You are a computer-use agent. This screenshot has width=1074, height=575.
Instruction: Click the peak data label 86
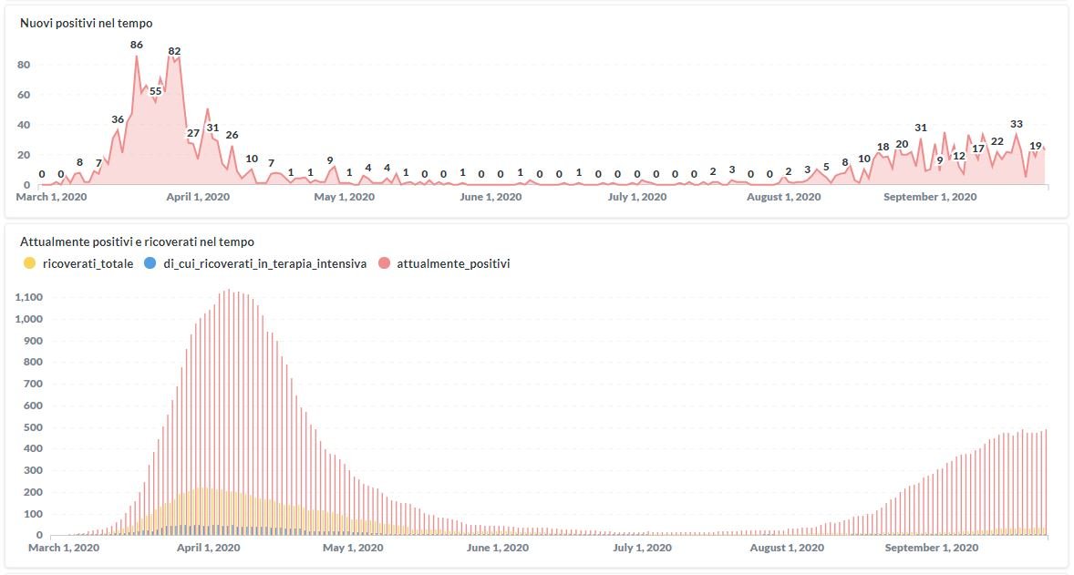click(137, 45)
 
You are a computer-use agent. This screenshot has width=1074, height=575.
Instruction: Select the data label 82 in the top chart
click(174, 51)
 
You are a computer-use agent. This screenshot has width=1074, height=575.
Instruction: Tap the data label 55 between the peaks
click(156, 91)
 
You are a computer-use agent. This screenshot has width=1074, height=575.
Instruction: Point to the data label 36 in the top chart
click(118, 119)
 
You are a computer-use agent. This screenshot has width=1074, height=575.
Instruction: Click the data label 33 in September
click(1017, 124)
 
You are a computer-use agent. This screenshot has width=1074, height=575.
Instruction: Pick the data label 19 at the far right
click(1036, 146)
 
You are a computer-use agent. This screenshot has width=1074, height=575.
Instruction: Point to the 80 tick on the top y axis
click(25, 65)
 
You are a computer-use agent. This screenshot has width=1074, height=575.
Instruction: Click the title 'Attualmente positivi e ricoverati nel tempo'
click(137, 242)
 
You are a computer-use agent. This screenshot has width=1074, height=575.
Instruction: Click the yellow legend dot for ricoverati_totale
click(29, 263)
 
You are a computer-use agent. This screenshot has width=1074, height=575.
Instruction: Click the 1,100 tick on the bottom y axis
click(30, 297)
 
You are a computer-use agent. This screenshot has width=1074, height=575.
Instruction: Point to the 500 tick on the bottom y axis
click(35, 426)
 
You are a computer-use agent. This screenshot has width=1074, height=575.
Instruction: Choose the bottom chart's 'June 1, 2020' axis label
click(497, 548)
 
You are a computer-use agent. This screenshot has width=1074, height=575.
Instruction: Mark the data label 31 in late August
click(921, 128)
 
